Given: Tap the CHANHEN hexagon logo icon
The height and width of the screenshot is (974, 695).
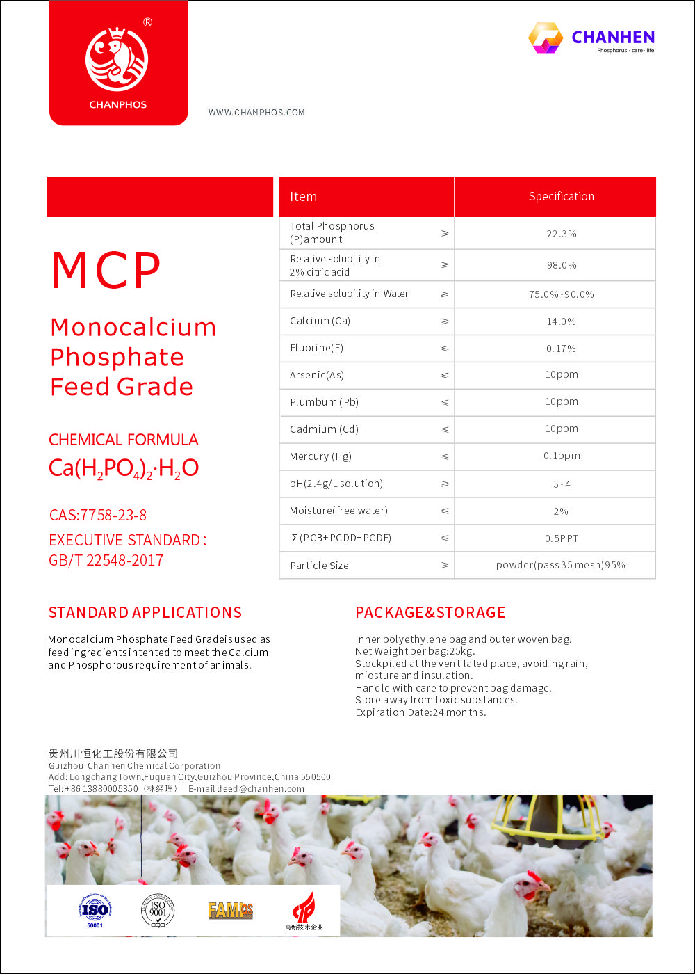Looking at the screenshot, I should coord(546,38).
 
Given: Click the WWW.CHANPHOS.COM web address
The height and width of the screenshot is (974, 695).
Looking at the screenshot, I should coord(256,113).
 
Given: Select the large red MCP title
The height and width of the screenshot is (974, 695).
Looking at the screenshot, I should coord(106,271).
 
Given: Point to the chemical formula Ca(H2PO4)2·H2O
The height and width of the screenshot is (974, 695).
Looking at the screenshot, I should coord(124,468).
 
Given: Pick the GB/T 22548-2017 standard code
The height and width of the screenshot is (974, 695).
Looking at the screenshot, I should coord(106,561).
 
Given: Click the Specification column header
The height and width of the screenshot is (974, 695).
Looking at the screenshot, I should coord(561,197).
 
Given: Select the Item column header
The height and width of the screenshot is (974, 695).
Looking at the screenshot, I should coord(303,197).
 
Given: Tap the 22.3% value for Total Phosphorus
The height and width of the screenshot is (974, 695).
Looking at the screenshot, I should coord(561,234).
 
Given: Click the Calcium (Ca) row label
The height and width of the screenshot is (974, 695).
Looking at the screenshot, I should coord(320,321).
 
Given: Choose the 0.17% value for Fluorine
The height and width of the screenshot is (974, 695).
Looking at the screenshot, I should coord(561,349).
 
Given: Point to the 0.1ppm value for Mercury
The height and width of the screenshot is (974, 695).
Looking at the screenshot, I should coord(562,456).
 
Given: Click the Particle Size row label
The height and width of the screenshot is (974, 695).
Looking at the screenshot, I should coord(319,566).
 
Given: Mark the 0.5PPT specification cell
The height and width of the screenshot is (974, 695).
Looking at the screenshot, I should coord(561,538).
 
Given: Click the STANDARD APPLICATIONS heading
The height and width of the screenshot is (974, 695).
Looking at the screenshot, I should coord(145,613).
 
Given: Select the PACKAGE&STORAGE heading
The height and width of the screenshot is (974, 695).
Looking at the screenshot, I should coord(430,613).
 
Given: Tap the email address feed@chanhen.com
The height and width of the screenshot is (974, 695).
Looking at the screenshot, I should coord(262,789).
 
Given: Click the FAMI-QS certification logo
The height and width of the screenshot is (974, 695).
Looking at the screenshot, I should coord(230,910).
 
